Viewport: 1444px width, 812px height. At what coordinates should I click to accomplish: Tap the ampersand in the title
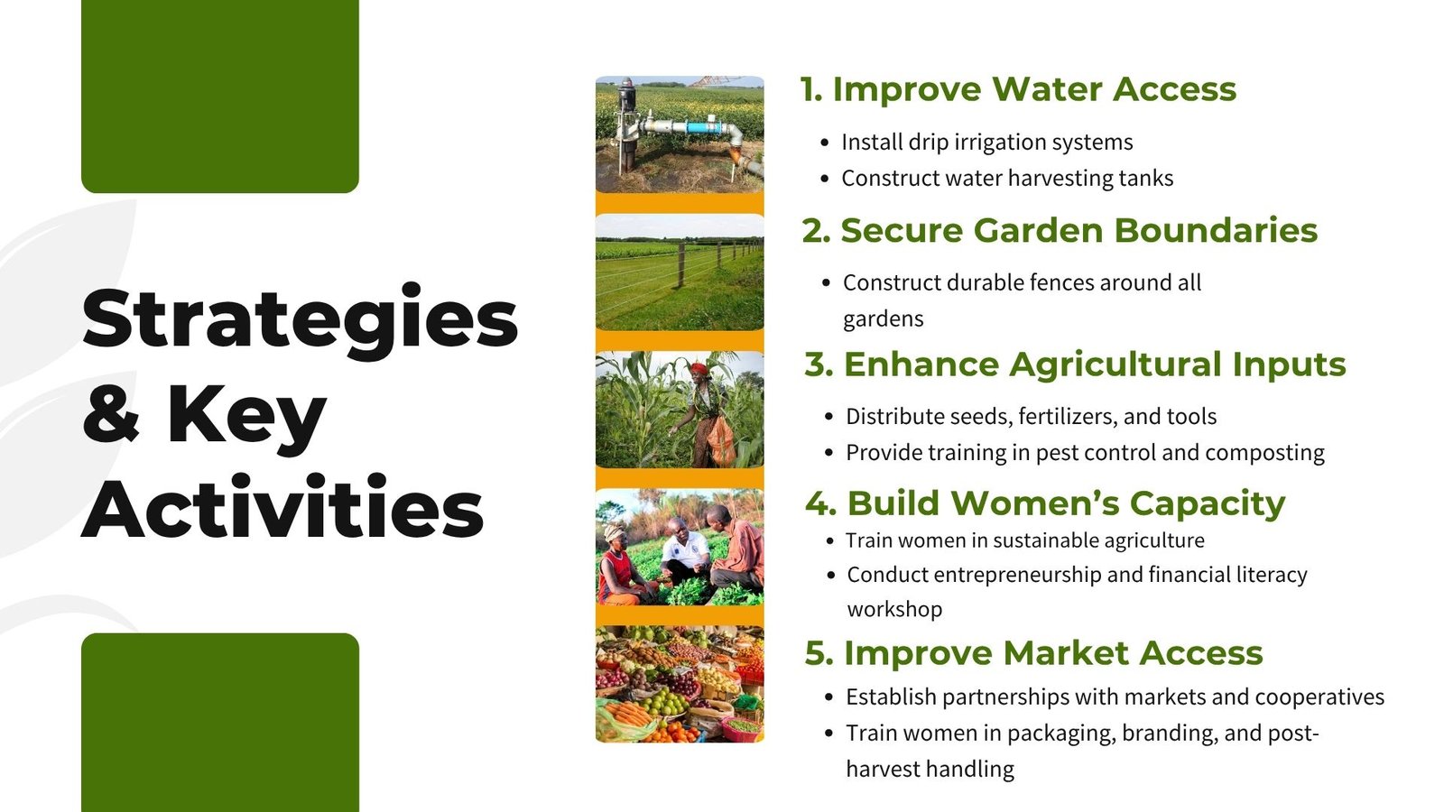pyautogui.click(x=111, y=412)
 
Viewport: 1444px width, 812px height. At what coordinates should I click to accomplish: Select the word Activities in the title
pyautogui.click(x=282, y=507)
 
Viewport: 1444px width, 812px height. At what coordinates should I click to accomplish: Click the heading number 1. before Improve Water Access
pyautogui.click(x=811, y=89)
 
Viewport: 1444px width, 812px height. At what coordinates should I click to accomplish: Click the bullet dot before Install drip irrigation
pyautogui.click(x=825, y=143)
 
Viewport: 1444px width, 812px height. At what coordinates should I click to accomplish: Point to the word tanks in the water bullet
pyautogui.click(x=1145, y=178)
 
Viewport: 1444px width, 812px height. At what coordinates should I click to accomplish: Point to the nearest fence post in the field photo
pyautogui.click(x=680, y=264)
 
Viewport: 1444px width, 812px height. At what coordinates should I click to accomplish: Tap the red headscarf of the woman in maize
pyautogui.click(x=699, y=370)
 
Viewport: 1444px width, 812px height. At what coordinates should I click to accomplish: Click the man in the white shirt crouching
pyautogui.click(x=685, y=553)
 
